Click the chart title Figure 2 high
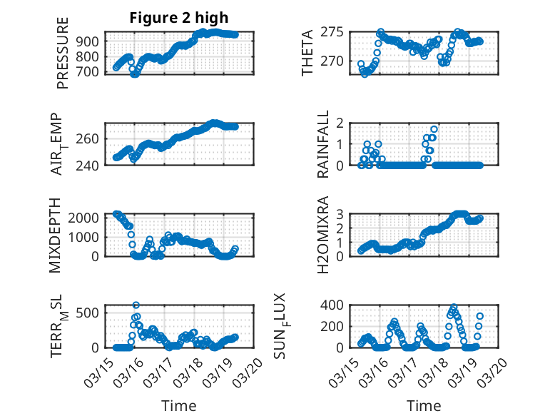(x=179, y=19)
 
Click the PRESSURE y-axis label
(x=63, y=58)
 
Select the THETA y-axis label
(x=307, y=53)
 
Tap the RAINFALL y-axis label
(x=323, y=144)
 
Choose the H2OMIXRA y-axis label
(x=323, y=235)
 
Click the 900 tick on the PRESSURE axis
(x=91, y=41)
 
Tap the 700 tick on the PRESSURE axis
(x=91, y=72)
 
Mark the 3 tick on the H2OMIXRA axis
(x=341, y=214)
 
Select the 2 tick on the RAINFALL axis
(x=341, y=123)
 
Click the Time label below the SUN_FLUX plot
(x=423, y=405)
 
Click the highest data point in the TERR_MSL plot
(x=136, y=305)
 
